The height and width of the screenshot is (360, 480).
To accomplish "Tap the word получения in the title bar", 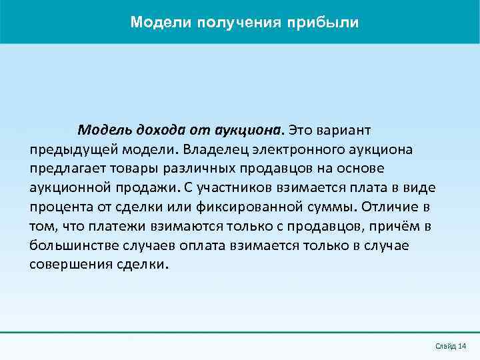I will (240, 23).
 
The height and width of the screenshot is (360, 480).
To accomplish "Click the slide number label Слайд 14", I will (450, 345).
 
